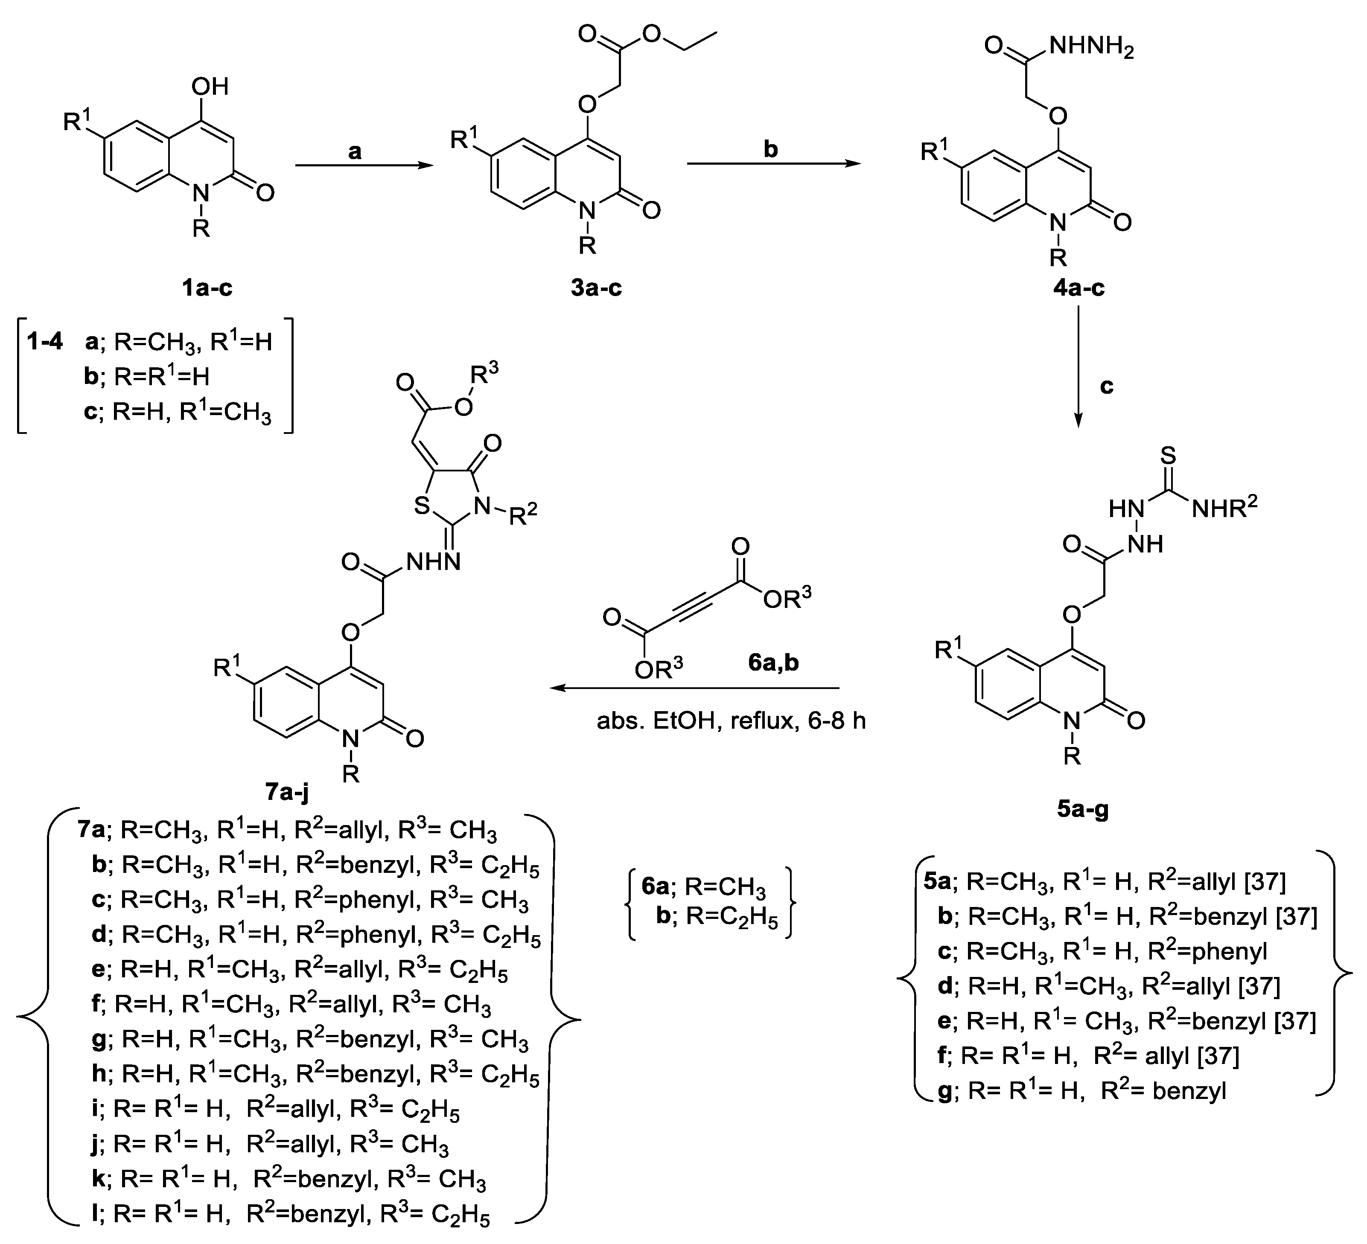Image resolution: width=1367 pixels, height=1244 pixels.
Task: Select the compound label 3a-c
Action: click(x=596, y=288)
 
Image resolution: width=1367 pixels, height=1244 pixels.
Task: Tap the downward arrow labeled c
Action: click(x=1078, y=366)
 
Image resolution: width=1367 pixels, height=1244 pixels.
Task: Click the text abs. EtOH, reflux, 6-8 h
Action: click(x=731, y=721)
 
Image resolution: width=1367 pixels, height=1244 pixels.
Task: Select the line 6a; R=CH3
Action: click(x=704, y=887)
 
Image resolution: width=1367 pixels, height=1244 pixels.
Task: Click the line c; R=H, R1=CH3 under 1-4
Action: click(x=178, y=412)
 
